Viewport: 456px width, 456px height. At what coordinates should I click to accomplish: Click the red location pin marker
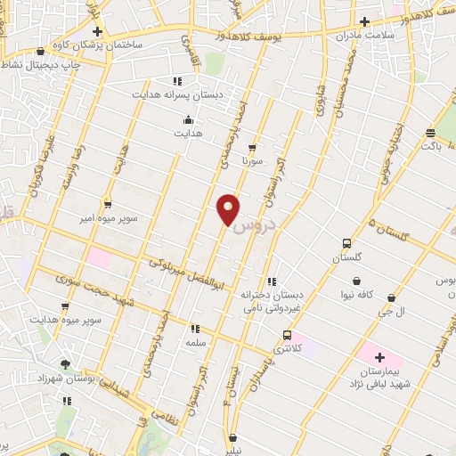pyautogui.click(x=228, y=208)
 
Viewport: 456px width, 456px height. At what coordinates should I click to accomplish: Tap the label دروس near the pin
pyautogui.click(x=255, y=227)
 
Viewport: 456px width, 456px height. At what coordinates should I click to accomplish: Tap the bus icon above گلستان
pyautogui.click(x=346, y=243)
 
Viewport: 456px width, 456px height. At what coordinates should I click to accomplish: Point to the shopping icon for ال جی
pyautogui.click(x=392, y=297)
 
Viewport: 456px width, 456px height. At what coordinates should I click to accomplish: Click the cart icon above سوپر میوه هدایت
pyautogui.click(x=64, y=305)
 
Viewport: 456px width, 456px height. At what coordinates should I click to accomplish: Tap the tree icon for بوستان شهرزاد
pyautogui.click(x=65, y=363)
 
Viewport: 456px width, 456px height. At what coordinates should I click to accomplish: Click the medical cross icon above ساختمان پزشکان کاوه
pyautogui.click(x=98, y=31)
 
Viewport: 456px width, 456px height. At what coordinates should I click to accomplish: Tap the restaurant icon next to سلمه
pyautogui.click(x=194, y=329)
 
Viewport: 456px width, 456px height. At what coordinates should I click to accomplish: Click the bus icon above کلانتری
pyautogui.click(x=286, y=335)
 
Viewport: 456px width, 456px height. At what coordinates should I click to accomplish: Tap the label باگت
pyautogui.click(x=431, y=144)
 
